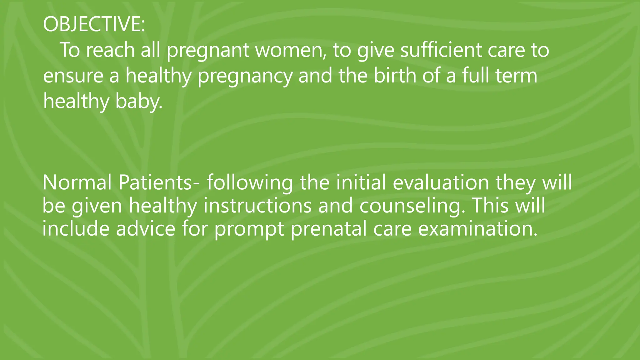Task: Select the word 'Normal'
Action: click(77, 182)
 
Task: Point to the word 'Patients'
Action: click(155, 182)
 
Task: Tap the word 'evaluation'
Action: click(441, 182)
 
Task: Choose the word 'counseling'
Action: click(410, 206)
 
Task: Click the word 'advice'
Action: click(146, 228)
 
